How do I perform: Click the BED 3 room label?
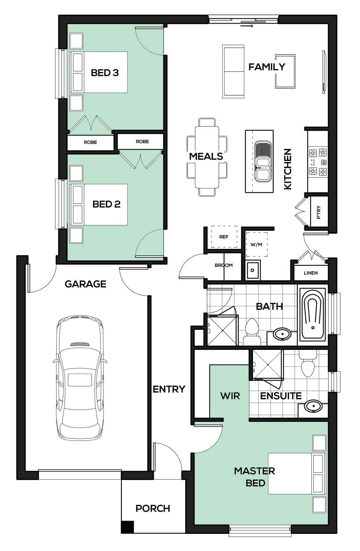tap(105, 73)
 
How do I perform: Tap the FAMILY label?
tap(267, 67)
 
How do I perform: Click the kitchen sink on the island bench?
tap(262, 161)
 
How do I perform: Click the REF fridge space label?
tap(224, 237)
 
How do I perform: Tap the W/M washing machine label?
tap(256, 244)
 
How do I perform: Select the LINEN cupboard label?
tap(311, 273)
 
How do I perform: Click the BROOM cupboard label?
tap(223, 265)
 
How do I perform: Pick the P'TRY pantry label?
tap(319, 212)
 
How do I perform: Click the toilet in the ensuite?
tap(308, 363)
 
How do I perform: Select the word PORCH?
tap(153, 509)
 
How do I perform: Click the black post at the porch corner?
tap(128, 527)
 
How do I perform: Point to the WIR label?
tap(230, 396)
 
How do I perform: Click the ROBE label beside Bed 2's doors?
tap(142, 141)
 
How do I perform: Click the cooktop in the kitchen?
tap(318, 162)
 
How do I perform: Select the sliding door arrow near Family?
tap(247, 26)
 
